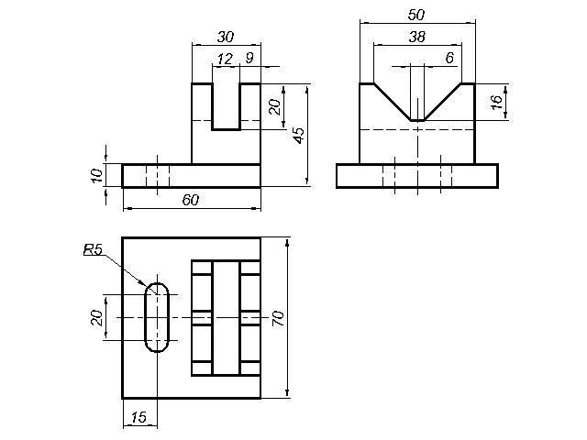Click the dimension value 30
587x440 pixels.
(226, 37)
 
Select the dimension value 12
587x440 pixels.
(225, 59)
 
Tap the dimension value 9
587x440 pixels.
(249, 58)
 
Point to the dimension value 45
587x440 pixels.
(299, 136)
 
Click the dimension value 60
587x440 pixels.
(191, 200)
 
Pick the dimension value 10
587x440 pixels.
(96, 175)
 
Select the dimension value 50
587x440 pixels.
(416, 15)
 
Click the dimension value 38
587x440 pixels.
(417, 37)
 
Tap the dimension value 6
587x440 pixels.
(449, 58)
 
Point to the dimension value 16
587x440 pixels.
(496, 102)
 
